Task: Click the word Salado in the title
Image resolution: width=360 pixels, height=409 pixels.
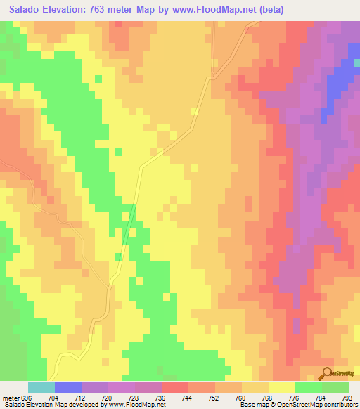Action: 26,10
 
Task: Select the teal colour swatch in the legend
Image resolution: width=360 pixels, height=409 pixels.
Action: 41,387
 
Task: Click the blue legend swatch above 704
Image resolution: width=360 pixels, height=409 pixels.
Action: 68,387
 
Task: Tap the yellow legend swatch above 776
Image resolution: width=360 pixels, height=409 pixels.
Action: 281,387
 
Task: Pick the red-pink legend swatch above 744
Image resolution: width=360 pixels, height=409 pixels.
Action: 174,387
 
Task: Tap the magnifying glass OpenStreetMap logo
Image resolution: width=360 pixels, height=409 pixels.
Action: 327,373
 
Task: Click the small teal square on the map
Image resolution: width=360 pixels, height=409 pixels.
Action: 356,62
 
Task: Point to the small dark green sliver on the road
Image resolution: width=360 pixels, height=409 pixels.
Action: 127,229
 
